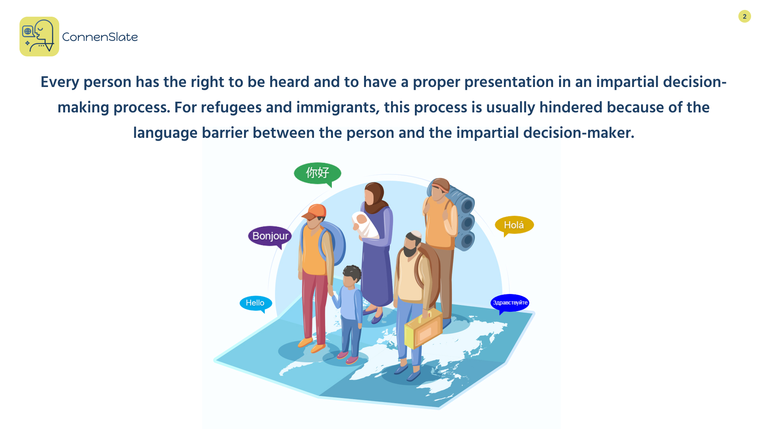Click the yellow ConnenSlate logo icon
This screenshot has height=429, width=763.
(39, 37)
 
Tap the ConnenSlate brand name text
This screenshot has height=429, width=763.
(100, 37)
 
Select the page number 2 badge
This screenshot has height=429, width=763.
(744, 16)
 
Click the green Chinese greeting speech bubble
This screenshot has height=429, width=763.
(318, 174)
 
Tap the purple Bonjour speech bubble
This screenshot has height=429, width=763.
(270, 236)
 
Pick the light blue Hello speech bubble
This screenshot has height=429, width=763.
(256, 303)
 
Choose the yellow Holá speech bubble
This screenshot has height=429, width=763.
(514, 225)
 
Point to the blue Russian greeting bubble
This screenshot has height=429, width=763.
(510, 303)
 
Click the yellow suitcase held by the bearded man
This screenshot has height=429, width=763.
(423, 329)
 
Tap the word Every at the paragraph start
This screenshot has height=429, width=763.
(60, 82)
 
